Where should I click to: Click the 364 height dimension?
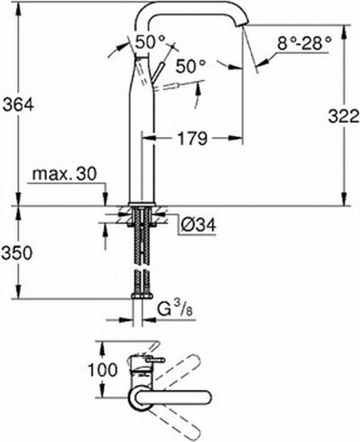pyautogui.click(x=18, y=105)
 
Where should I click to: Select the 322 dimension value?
pyautogui.click(x=344, y=116)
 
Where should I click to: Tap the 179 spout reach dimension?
pyautogui.click(x=192, y=139)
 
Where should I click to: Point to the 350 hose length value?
pyautogui.click(x=17, y=253)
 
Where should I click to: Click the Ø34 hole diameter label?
pyautogui.click(x=198, y=225)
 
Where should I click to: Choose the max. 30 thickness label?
pyautogui.click(x=64, y=175)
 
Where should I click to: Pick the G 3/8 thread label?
pyautogui.click(x=175, y=310)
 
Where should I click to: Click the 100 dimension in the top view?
pyautogui.click(x=103, y=369)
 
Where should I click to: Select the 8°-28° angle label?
pyautogui.click(x=304, y=44)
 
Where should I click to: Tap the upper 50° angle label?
pyautogui.click(x=151, y=42)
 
